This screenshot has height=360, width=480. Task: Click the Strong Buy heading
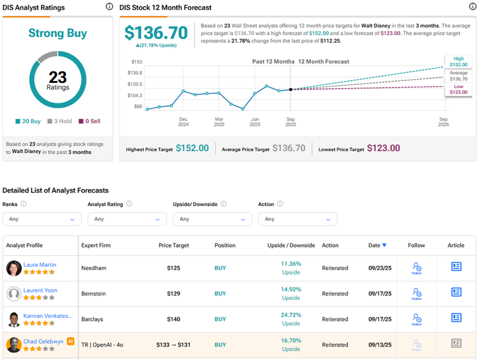pos(57,33)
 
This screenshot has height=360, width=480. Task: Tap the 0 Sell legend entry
pos(89,121)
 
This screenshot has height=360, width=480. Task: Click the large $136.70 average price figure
pos(156,33)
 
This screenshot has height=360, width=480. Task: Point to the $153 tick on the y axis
pos(136,62)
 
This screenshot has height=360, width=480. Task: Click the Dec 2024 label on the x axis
pos(183,121)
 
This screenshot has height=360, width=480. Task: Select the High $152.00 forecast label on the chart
pos(458,62)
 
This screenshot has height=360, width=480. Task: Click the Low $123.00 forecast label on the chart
pos(458,90)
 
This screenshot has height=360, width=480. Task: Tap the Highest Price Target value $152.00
pos(192,148)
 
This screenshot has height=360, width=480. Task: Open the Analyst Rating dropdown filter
pos(127,219)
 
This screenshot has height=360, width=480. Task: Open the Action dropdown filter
pos(297,219)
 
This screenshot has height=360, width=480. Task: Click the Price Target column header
pos(174,245)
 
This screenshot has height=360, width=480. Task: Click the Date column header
pos(377,245)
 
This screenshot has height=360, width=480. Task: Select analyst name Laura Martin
pos(40,264)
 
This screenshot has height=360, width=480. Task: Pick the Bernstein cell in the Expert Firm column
pos(94,294)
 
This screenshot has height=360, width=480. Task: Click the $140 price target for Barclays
pos(174,319)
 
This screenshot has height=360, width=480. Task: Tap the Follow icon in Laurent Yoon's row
pos(416,294)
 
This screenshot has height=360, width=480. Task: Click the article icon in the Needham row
pos(456,267)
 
